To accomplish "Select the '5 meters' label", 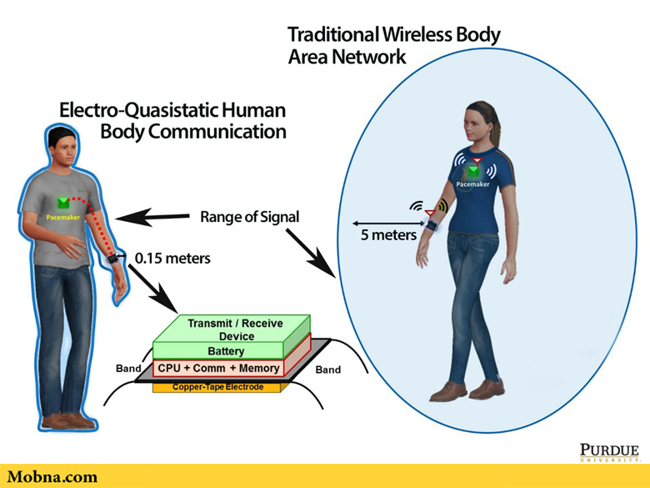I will tap(388, 235).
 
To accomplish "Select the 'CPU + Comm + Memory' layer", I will tap(218, 368).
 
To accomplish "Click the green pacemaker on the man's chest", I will tap(62, 203).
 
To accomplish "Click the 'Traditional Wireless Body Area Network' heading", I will tap(393, 45).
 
